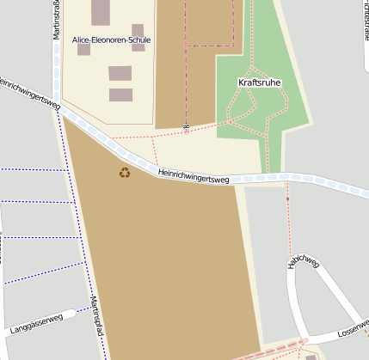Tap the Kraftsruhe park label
[259, 82]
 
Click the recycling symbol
[126, 173]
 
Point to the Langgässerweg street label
[37, 322]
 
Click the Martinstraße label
[56, 21]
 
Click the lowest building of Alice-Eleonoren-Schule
[121, 95]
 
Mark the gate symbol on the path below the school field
[186, 131]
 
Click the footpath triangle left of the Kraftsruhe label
[242, 102]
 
